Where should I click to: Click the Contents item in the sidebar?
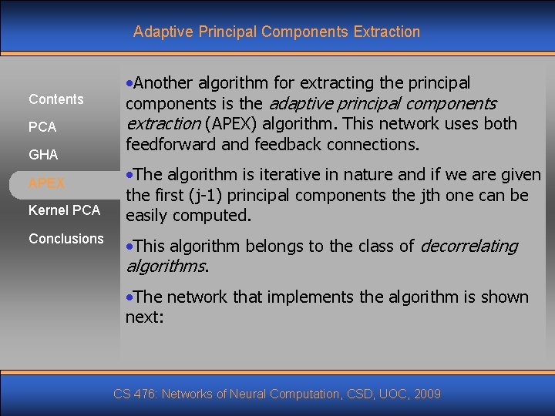click(55, 99)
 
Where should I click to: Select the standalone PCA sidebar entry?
click(42, 127)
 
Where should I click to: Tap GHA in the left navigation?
click(43, 155)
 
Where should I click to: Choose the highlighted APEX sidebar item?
click(46, 183)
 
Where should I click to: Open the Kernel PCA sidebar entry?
click(64, 210)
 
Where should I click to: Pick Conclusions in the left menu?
click(66, 239)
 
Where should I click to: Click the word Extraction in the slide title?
click(386, 32)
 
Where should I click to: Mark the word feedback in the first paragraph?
click(291, 145)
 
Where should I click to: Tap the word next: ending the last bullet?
click(145, 317)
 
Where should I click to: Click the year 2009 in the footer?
click(427, 394)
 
